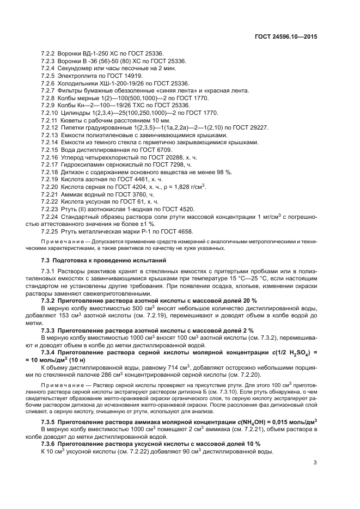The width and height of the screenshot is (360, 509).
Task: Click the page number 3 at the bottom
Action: [x=315, y=463]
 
